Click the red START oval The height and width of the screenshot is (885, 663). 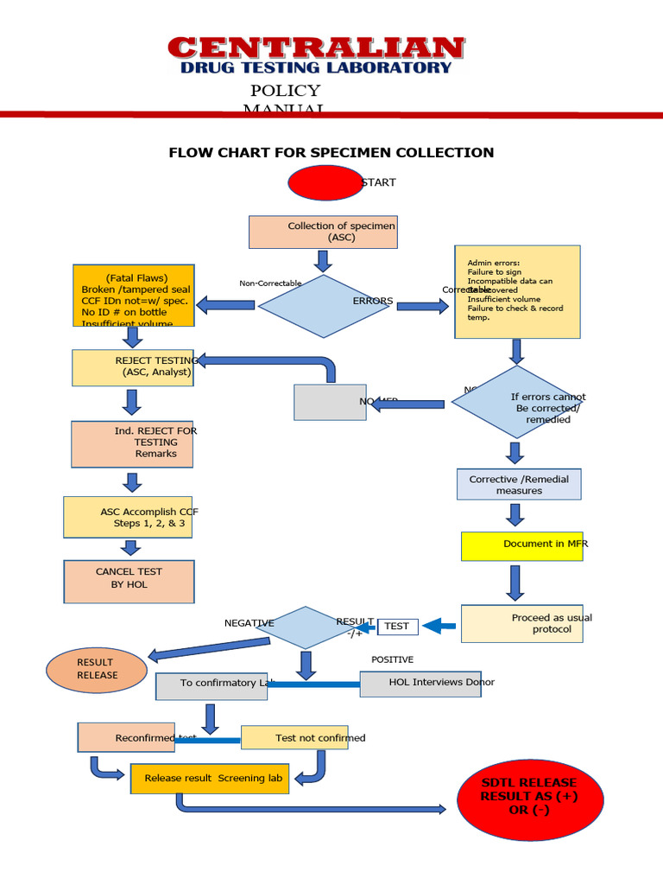325,182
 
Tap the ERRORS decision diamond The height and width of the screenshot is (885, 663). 325,306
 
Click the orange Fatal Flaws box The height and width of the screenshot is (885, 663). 134,295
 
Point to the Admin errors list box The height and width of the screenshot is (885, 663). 517,291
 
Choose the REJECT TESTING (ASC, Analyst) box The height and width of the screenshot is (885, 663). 133,367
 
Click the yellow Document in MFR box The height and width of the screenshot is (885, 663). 522,545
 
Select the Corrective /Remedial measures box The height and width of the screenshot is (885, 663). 519,484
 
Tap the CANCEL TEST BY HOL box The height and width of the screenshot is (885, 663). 129,581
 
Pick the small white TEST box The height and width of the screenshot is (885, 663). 398,627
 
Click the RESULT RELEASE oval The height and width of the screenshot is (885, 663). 97,669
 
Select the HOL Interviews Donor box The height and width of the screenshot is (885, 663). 420,684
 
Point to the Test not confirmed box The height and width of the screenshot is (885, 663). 294,737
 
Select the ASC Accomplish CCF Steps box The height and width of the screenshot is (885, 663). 128,517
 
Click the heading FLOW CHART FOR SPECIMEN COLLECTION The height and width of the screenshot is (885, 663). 331,153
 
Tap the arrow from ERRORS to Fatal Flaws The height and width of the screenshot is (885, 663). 225,304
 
